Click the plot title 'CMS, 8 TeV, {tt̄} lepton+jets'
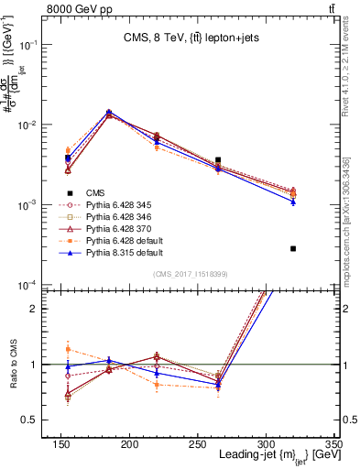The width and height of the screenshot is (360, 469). (196, 38)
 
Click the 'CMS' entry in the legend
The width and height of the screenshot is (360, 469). (95, 193)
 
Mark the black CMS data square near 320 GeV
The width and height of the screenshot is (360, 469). (293, 248)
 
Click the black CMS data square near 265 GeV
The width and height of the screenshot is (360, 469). (218, 160)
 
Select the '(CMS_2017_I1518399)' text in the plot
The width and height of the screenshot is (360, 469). (191, 274)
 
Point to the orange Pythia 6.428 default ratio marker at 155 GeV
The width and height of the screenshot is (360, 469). (68, 349)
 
